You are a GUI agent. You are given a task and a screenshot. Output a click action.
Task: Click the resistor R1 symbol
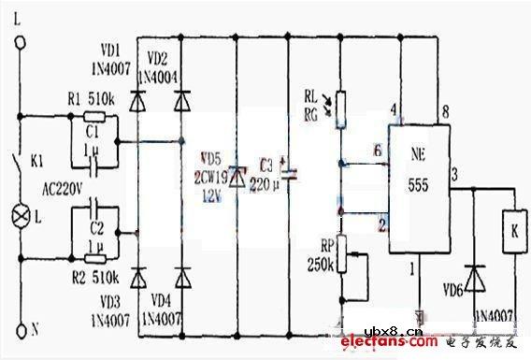coord(93,119)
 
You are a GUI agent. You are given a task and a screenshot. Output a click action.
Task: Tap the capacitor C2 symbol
coord(93,223)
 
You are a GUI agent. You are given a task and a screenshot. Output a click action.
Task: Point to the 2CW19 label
coord(213,174)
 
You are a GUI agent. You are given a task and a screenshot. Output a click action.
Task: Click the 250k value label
coord(321,266)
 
